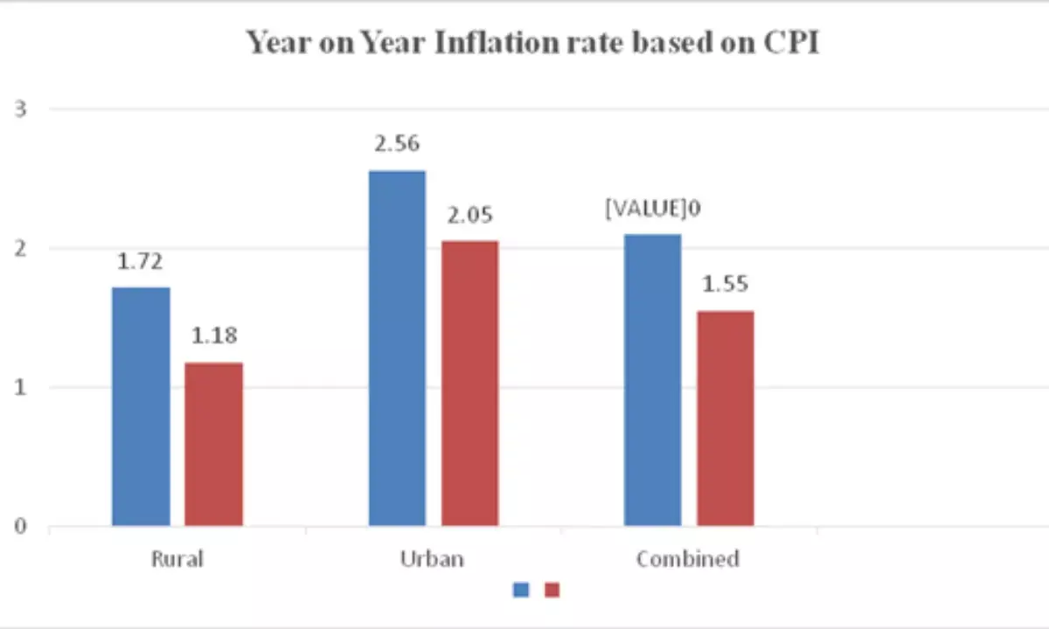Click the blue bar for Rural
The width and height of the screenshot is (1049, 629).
tap(141, 406)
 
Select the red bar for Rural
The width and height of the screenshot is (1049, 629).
tap(213, 444)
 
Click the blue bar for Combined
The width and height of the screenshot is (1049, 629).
tap(652, 380)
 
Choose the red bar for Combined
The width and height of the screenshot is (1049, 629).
tap(725, 418)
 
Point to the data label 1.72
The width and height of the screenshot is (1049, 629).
tap(141, 260)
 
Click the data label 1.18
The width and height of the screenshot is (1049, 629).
tap(213, 335)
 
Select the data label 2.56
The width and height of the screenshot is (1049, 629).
tap(398, 143)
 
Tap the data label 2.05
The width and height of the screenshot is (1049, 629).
tap(469, 214)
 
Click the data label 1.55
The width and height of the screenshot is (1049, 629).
tap(725, 284)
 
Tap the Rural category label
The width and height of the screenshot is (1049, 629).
tap(177, 559)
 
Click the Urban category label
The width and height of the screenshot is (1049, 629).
tap(433, 559)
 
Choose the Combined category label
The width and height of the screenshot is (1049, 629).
tap(688, 559)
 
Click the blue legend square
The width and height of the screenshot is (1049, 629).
tap(520, 591)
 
